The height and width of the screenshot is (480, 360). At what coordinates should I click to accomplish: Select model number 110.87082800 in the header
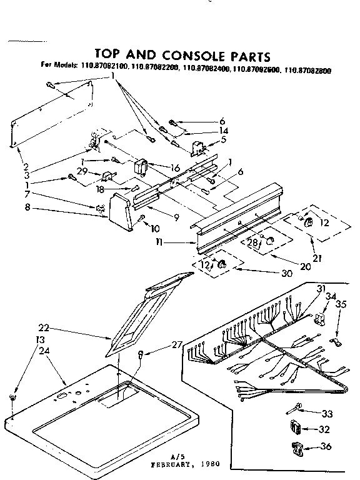307,71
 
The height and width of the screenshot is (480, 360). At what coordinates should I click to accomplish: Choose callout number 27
177,344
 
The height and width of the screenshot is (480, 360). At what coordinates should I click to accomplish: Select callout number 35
341,305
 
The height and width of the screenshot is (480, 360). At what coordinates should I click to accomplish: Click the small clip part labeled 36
297,447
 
